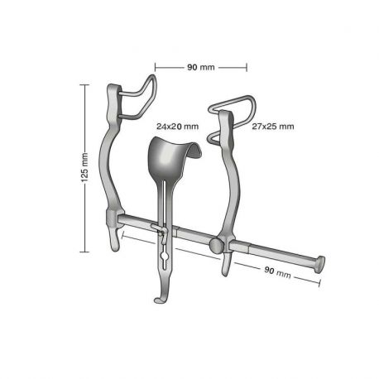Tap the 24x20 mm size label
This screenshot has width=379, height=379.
178,127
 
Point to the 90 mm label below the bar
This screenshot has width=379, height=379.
277,271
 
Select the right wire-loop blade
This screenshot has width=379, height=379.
234,116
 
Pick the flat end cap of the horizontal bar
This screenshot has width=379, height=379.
319,265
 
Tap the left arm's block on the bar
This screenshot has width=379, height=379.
113,219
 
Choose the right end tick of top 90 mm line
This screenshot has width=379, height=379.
247,66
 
